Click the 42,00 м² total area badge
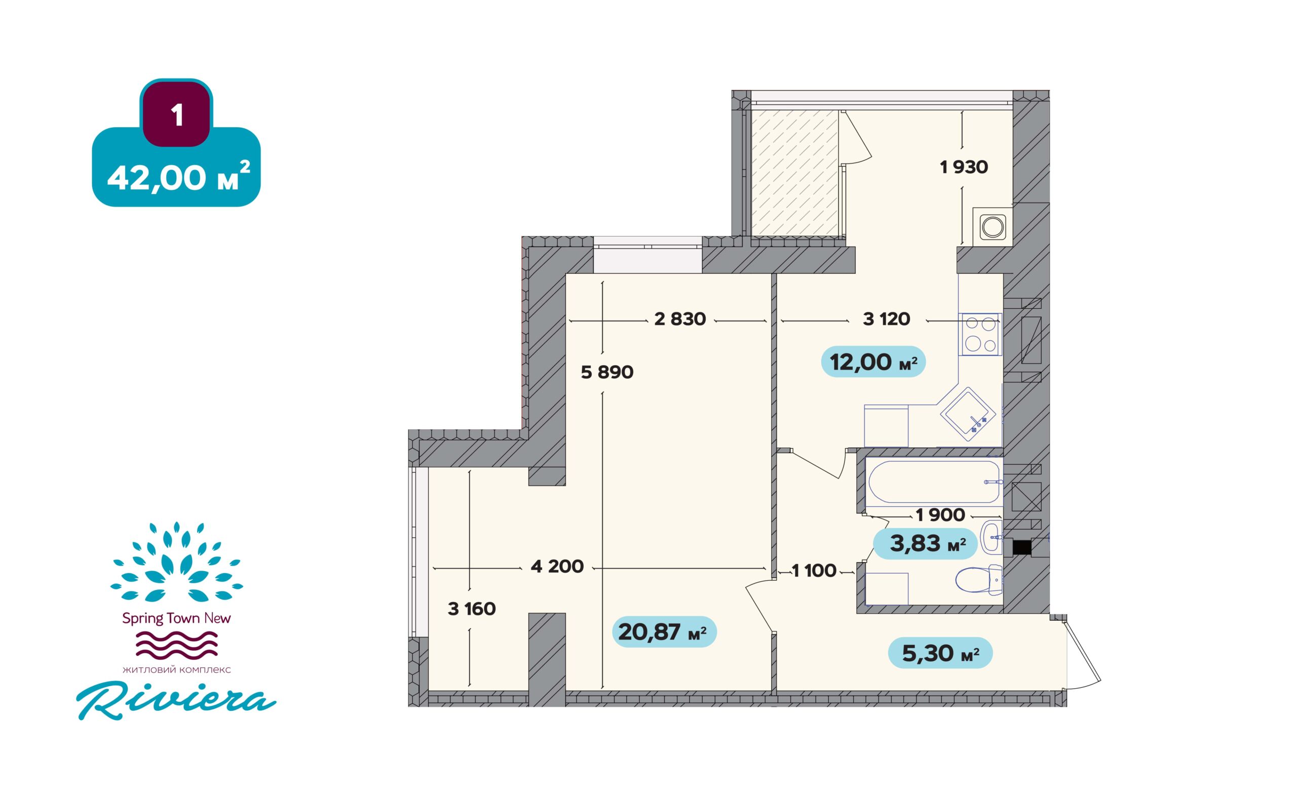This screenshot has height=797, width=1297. (176, 167)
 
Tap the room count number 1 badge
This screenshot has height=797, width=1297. (176, 113)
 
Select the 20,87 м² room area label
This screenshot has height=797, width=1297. (664, 632)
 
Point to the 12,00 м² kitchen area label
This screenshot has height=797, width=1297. (873, 362)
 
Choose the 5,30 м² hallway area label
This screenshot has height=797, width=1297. (940, 653)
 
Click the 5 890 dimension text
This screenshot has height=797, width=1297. (607, 373)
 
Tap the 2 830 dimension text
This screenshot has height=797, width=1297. (680, 319)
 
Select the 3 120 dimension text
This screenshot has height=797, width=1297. (887, 319)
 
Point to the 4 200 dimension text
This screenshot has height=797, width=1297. (557, 567)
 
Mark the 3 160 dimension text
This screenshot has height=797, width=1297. (472, 609)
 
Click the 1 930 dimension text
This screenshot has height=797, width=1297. (964, 167)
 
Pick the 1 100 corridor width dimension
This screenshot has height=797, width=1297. (814, 570)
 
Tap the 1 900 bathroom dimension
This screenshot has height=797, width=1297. (940, 515)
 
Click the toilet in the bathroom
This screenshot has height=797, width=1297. (979, 579)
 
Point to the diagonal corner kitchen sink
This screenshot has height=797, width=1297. (967, 414)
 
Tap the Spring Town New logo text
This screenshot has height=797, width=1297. (176, 619)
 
